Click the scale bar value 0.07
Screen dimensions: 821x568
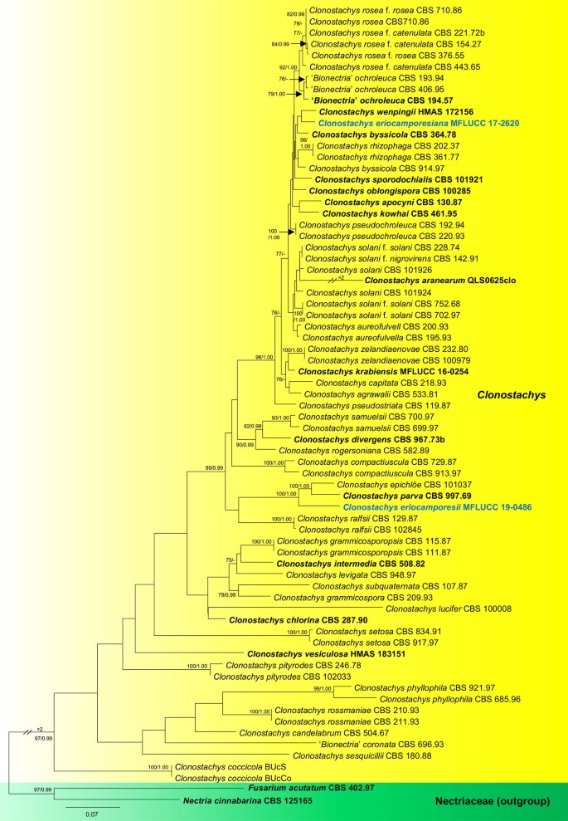(x=92, y=814)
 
